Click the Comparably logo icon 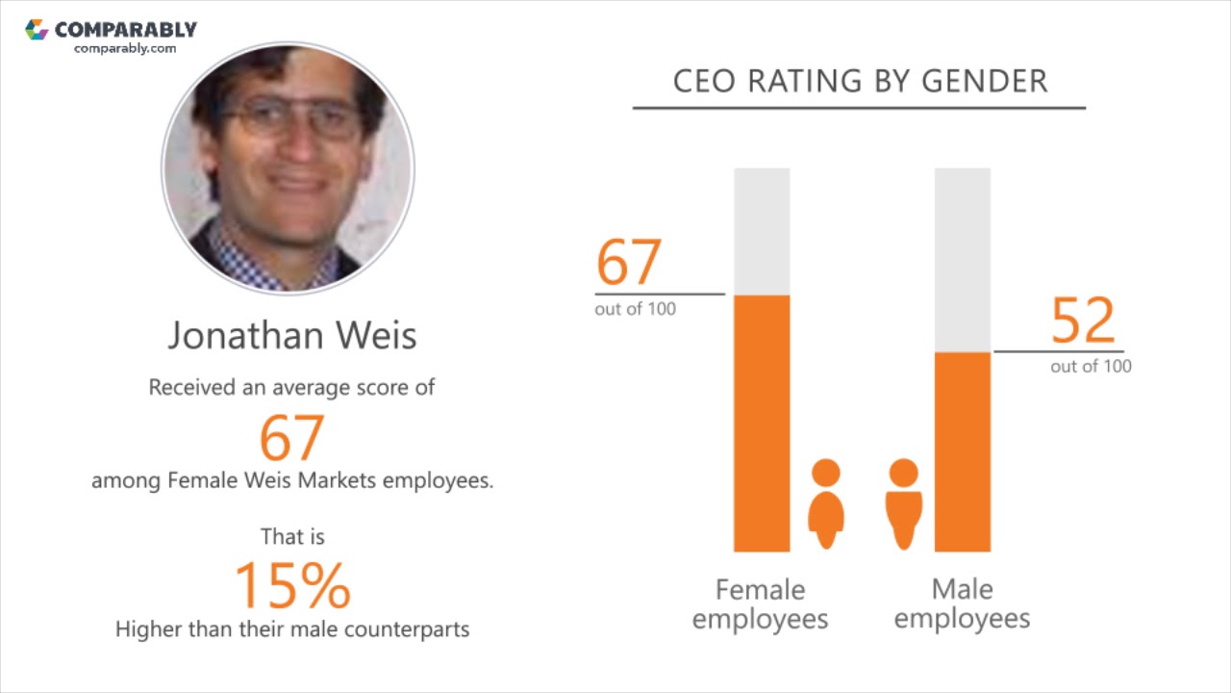coord(37,30)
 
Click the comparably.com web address coord(125,48)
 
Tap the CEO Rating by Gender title coord(860,82)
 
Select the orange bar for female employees coord(762,423)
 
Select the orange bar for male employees coord(963,452)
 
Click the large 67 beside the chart coord(629,262)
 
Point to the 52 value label coord(1083,321)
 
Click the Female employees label coord(760,603)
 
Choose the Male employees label coord(962,603)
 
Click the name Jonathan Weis coord(292,335)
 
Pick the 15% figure coord(292,585)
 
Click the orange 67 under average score coord(291,437)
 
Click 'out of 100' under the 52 coord(1091,367)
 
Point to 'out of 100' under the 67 coord(635,309)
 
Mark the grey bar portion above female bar coord(762,231)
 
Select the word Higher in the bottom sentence coord(150,629)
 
